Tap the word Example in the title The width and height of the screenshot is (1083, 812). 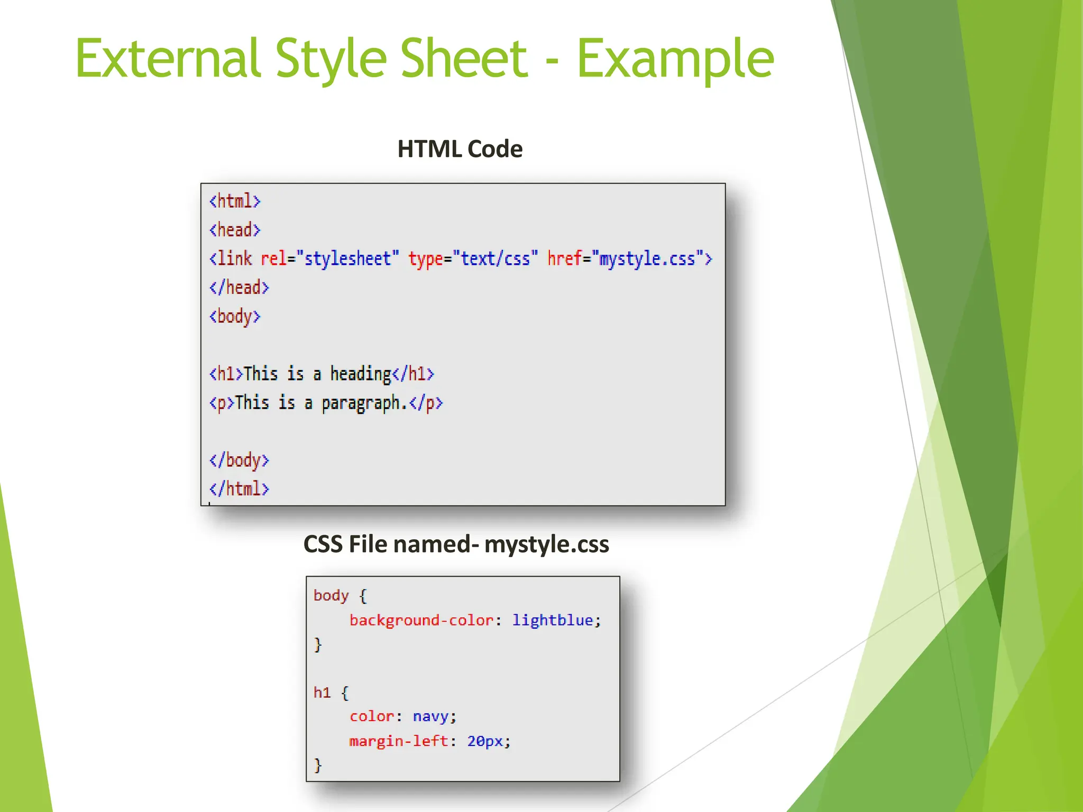[675, 59]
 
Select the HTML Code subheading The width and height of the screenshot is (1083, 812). [460, 149]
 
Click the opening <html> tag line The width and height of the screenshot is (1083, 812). [235, 201]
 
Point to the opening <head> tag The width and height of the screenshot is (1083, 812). [235, 230]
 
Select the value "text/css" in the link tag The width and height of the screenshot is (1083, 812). [495, 259]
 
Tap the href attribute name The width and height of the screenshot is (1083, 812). [564, 259]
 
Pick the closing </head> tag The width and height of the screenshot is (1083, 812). [239, 288]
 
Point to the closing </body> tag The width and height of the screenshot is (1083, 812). [239, 460]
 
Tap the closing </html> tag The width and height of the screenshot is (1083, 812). [239, 488]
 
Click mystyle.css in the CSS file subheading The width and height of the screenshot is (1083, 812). [546, 545]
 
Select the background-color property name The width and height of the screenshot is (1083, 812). [421, 620]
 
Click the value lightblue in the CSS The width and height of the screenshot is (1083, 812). [552, 620]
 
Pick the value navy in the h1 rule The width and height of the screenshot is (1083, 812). [430, 716]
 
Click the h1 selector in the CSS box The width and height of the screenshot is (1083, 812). [322, 693]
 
